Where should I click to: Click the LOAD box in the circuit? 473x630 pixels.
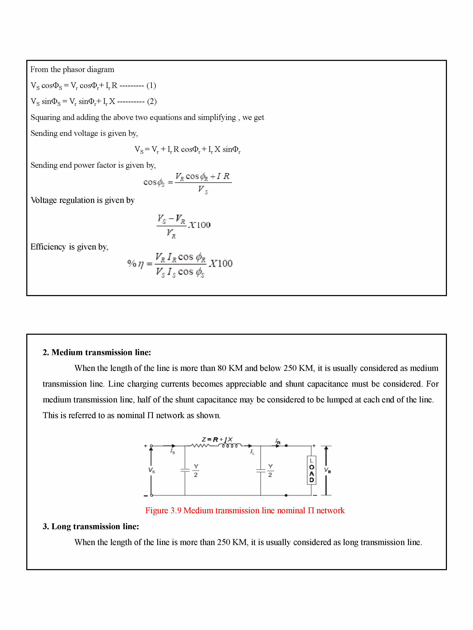click(311, 470)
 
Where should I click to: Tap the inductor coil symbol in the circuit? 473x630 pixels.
click(230, 445)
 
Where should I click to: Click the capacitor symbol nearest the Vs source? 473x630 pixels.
click(185, 470)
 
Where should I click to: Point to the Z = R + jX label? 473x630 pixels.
click(217, 439)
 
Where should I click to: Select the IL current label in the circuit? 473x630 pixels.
click(252, 452)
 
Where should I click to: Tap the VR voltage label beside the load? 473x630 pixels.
click(327, 470)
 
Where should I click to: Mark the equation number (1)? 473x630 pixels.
click(151, 85)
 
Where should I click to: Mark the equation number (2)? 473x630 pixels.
click(152, 101)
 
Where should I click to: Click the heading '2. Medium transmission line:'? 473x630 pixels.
click(97, 352)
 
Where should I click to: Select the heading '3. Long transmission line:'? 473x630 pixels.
click(91, 526)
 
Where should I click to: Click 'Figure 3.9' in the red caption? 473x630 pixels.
click(163, 510)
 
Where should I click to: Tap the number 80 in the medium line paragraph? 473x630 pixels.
click(222, 368)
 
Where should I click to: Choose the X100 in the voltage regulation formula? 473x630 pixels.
click(200, 225)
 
